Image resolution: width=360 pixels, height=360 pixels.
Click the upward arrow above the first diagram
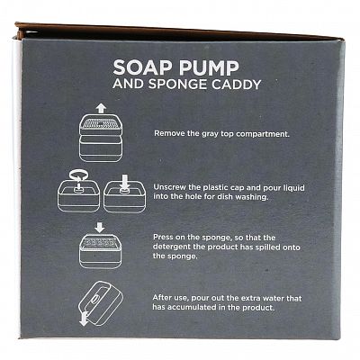tap(101, 108)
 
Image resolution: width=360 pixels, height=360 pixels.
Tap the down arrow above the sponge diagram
tap(99, 227)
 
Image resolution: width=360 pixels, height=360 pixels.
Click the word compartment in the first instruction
tap(263, 134)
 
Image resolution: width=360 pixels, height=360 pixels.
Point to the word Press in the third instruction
tap(163, 237)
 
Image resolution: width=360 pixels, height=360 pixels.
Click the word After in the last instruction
tap(162, 298)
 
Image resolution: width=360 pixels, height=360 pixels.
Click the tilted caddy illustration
tap(100, 301)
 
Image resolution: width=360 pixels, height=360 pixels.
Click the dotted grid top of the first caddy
tap(100, 122)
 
